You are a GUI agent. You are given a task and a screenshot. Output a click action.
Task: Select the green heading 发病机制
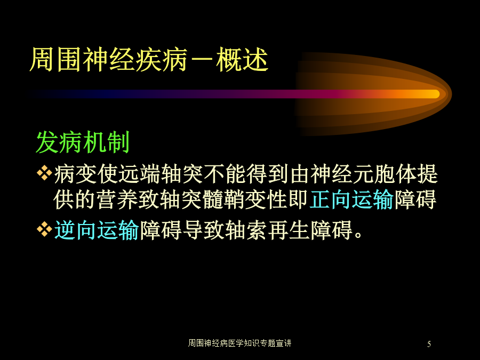click(x=83, y=142)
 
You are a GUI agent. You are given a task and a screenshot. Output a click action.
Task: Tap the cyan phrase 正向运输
click(x=351, y=199)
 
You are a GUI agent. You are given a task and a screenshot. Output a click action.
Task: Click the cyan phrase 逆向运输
click(x=97, y=230)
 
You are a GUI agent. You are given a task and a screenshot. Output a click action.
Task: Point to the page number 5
click(x=429, y=344)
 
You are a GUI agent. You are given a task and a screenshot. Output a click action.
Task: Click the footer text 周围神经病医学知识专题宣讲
click(x=239, y=343)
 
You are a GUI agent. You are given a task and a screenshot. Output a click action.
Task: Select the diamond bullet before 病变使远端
click(x=44, y=173)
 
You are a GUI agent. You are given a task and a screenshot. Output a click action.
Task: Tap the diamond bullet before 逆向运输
click(x=44, y=229)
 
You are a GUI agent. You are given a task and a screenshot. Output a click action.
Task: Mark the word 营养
click(x=117, y=199)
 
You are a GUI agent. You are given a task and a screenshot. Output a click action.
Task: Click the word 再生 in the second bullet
click(x=289, y=230)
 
